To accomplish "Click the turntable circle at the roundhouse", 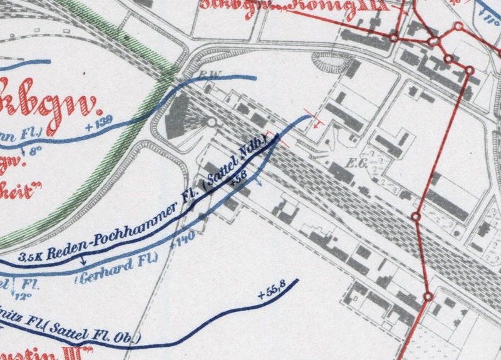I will coord(212,123).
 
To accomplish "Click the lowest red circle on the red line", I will coord(428,297).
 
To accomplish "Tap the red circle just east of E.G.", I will coord(415,217).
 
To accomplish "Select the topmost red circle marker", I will coord(458,27).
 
